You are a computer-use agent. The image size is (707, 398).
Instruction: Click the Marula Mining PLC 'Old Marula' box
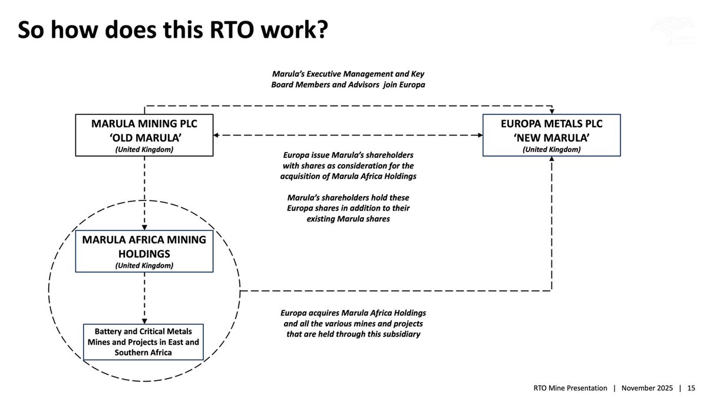coord(144,135)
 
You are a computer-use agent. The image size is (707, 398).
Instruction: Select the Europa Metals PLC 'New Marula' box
coord(551,135)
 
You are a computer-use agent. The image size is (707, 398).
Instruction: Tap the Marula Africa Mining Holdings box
coord(144,251)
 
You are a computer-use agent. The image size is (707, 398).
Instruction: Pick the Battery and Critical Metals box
coord(143,342)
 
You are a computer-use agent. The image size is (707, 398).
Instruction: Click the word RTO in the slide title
coord(232,30)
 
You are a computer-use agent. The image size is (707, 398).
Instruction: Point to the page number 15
coord(691,388)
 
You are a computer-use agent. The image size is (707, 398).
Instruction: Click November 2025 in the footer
coord(647,388)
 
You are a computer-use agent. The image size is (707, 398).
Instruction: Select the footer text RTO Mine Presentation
coord(570,388)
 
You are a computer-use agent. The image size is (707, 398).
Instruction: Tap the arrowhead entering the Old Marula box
coord(216,135)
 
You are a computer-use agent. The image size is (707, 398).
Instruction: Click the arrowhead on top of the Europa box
coord(551,111)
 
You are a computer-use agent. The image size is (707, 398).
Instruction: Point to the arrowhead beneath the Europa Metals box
coord(551,159)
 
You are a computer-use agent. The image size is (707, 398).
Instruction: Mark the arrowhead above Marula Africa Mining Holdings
coord(144,228)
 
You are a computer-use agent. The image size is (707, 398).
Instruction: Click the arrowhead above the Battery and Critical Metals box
coord(144,321)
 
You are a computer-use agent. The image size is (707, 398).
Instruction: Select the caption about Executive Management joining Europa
coord(348,79)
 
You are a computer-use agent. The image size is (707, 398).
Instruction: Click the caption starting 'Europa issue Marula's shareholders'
coord(348,166)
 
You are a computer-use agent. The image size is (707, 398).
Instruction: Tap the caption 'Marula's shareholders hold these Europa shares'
coord(348,208)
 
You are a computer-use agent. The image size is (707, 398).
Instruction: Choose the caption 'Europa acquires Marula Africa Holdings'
coord(353,324)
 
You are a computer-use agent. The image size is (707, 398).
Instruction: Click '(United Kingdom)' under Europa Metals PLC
coord(551,149)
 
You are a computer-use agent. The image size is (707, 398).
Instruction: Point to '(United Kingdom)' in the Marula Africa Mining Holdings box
coord(144,265)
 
